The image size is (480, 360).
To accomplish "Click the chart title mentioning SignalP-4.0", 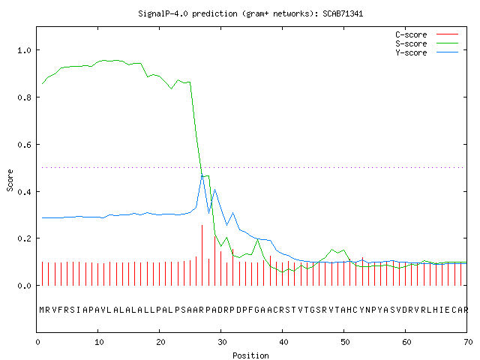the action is (250, 13).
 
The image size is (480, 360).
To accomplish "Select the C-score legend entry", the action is (427, 34).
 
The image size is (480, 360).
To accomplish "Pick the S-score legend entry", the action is (427, 43).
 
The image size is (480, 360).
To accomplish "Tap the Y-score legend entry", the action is (427, 52).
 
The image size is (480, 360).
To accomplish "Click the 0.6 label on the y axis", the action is (24, 145).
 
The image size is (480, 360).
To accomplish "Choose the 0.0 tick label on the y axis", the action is (24, 286).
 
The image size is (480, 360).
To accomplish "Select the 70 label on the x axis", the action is (468, 342).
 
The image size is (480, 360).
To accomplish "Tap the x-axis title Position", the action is (250, 355).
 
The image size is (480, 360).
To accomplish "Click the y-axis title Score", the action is (10, 180).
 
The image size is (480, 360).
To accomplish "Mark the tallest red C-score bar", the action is (202, 255).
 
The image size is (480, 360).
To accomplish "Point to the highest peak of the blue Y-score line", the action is (202, 174).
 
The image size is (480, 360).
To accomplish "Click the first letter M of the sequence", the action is (42, 310).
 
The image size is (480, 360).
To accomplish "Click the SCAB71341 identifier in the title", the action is (343, 13).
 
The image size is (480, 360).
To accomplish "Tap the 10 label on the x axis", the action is (99, 342).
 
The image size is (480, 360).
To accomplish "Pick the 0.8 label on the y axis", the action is (24, 97).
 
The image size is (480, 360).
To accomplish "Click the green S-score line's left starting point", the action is (42, 83).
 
